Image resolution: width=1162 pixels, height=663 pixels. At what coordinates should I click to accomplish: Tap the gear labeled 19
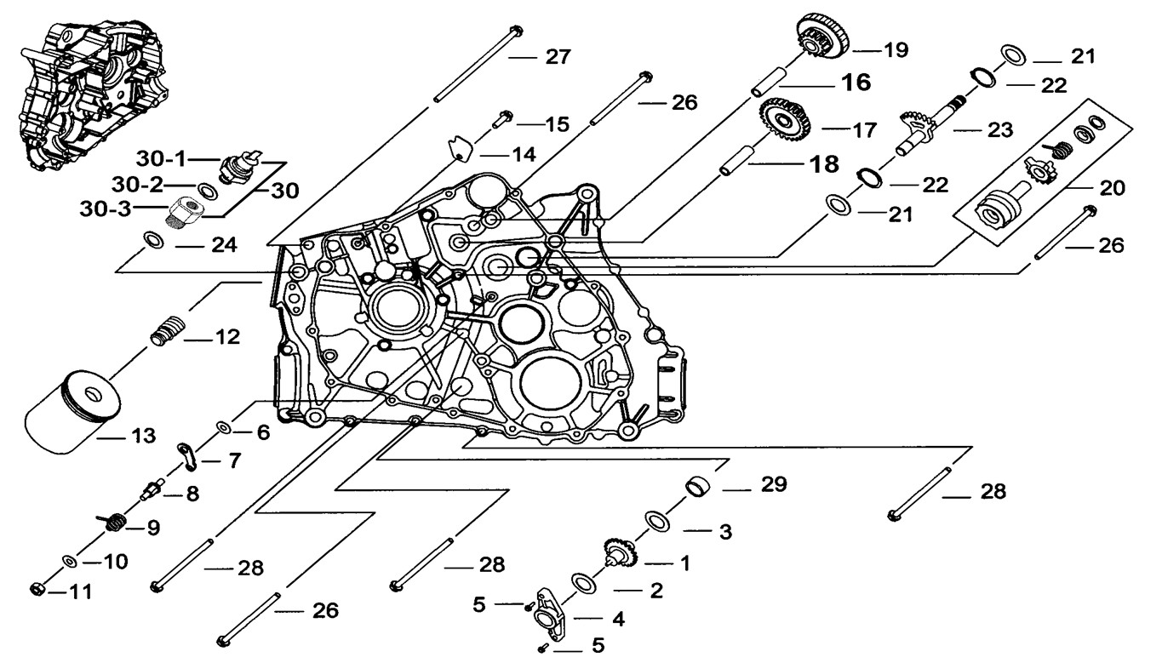pyautogui.click(x=821, y=38)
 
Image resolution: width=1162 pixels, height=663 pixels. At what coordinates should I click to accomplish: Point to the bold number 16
pyautogui.click(x=857, y=82)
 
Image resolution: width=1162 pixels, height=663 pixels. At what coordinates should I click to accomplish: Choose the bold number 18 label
pyautogui.click(x=824, y=163)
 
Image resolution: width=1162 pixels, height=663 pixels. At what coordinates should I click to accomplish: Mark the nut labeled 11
pyautogui.click(x=37, y=589)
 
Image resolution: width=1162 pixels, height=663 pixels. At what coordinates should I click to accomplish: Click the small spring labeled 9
pyautogui.click(x=113, y=523)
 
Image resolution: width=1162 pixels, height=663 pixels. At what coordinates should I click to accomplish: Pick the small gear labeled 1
pyautogui.click(x=621, y=555)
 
